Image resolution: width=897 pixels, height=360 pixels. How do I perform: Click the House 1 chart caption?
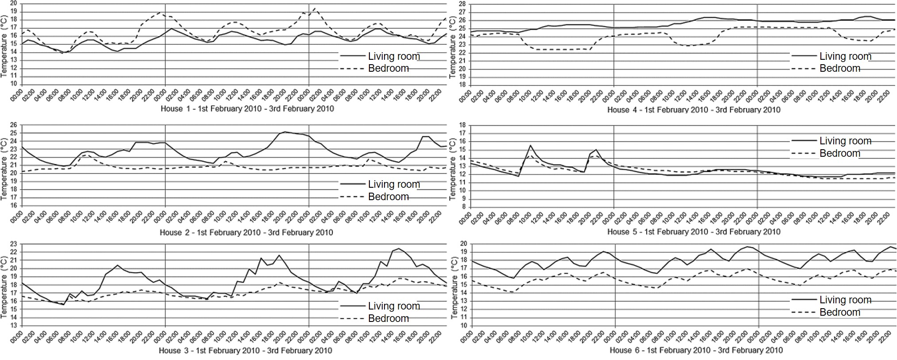click(x=247, y=108)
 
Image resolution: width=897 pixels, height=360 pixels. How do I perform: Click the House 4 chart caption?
click(x=694, y=109)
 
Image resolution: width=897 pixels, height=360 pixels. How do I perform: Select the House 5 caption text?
click(x=694, y=232)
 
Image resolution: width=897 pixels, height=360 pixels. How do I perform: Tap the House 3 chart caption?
click(x=245, y=351)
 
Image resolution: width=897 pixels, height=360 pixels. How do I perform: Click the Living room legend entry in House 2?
click(x=394, y=184)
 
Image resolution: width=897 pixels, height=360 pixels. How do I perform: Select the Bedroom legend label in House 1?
click(x=388, y=68)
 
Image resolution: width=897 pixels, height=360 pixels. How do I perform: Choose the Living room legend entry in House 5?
click(x=845, y=141)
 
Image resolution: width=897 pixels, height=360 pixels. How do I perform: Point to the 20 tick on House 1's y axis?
click(x=14, y=3)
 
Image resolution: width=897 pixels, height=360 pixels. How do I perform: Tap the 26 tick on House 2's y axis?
click(x=14, y=125)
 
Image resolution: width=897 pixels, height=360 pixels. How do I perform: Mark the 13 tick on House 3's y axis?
click(x=14, y=325)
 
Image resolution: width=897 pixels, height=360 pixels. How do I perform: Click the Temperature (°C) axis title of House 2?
click(x=4, y=165)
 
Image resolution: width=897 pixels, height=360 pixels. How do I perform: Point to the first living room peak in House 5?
click(x=530, y=145)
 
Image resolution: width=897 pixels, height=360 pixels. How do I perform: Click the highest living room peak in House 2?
click(x=285, y=132)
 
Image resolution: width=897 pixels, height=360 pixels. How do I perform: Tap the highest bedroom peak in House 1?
click(x=314, y=8)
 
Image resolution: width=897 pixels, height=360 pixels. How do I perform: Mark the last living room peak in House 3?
click(x=398, y=248)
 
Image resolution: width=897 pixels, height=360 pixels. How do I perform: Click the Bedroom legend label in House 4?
click(x=839, y=68)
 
